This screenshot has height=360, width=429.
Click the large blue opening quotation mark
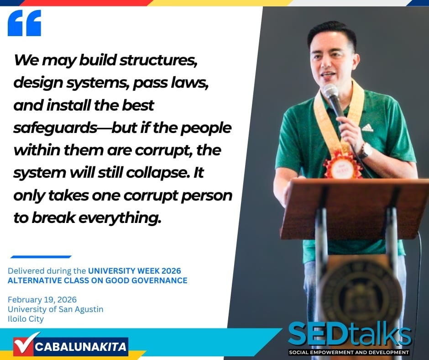pyautogui.click(x=24, y=23)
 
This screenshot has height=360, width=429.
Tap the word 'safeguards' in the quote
pyautogui.click(x=55, y=128)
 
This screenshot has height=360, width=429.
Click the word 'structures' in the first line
pyautogui.click(x=158, y=60)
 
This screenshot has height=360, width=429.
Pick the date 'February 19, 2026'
pyautogui.click(x=42, y=299)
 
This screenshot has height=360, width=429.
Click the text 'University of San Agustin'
pyautogui.click(x=56, y=309)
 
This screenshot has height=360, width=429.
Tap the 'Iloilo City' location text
pyautogui.click(x=26, y=319)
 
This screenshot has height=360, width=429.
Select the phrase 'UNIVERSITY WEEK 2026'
pyautogui.click(x=134, y=270)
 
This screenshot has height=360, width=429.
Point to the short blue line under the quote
pyautogui.click(x=41, y=257)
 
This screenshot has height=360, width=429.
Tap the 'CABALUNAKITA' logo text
pyautogui.click(x=80, y=347)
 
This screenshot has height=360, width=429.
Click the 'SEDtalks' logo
pyautogui.click(x=350, y=334)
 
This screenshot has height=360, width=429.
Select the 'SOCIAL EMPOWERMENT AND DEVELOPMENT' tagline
pyautogui.click(x=349, y=352)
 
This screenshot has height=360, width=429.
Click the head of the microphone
pyautogui.click(x=331, y=90)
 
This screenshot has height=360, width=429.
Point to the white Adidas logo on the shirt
pyautogui.click(x=367, y=127)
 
